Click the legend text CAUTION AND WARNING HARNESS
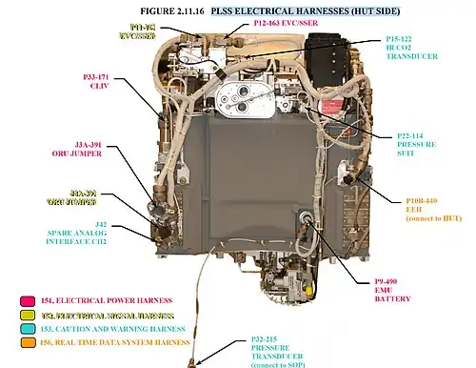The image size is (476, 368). click(x=113, y=328)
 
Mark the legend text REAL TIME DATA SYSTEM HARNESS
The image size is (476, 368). click(x=119, y=341)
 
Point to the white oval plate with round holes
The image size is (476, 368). click(x=248, y=97)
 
